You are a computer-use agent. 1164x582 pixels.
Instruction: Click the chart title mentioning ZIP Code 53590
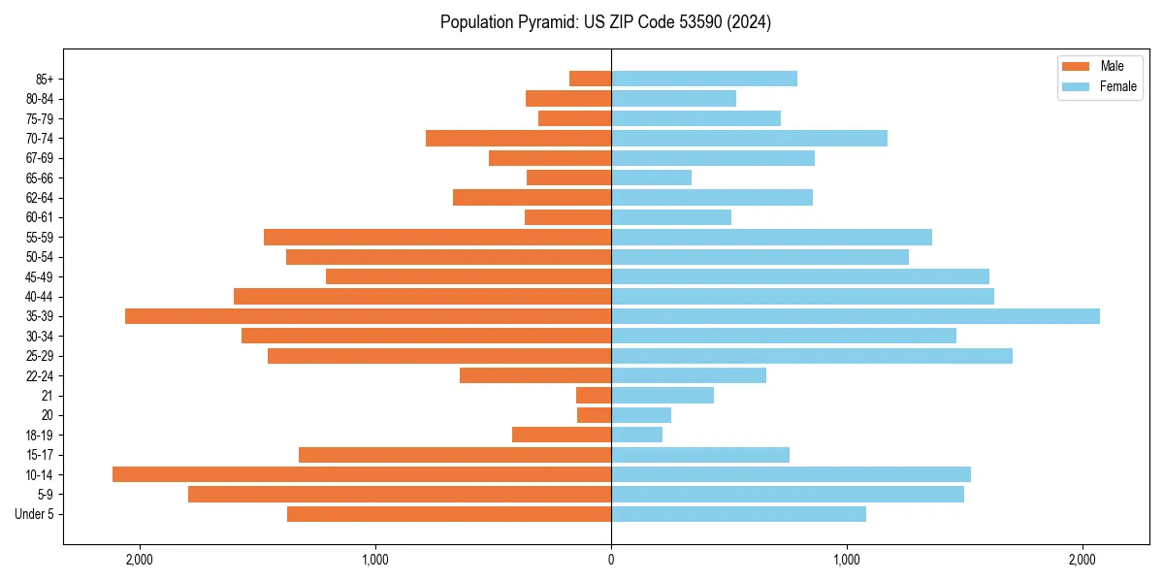605,22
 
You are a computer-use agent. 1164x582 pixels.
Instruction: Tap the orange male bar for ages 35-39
368,316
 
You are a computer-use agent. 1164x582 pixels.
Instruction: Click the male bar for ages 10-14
362,474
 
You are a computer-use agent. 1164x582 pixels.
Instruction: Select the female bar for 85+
704,79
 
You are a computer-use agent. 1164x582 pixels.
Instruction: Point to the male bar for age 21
594,396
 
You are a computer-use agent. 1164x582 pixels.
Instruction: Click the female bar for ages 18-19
636,435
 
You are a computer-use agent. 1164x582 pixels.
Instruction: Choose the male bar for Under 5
449,514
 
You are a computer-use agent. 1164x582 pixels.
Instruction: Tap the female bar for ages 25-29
812,356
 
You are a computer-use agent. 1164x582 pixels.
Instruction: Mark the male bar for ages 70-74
518,138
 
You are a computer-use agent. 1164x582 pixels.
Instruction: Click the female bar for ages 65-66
651,178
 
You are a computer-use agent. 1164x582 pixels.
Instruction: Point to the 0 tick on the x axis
611,560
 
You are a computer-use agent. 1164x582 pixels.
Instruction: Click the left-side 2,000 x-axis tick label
140,560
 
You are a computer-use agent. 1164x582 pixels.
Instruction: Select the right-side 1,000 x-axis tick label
847,560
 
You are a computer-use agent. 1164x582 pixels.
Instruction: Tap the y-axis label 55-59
40,237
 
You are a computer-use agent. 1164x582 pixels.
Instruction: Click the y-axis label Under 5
35,514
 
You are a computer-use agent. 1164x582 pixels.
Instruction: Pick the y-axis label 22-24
40,375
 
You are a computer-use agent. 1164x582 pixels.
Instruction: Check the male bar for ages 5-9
400,495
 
